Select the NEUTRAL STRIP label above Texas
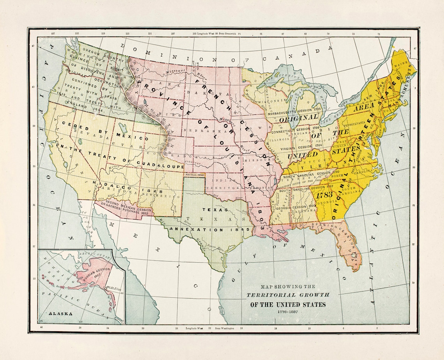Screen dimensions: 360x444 point(194,175)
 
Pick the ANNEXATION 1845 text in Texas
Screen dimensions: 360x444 point(210,230)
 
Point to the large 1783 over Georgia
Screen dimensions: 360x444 point(324,195)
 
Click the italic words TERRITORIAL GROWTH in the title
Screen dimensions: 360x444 point(288,295)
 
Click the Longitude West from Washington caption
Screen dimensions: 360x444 point(210,328)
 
